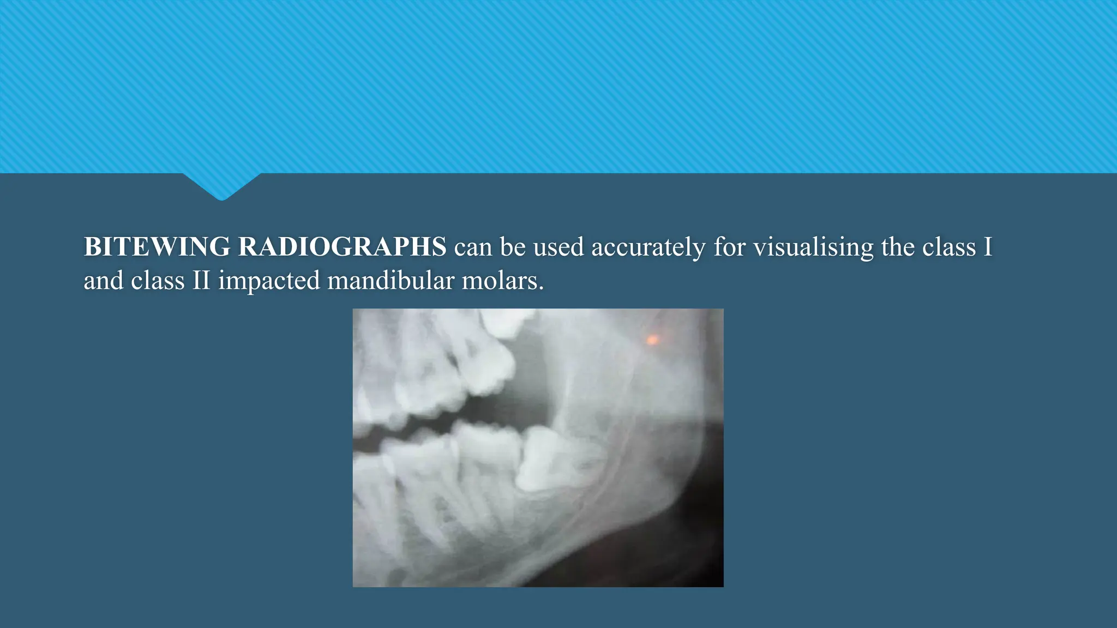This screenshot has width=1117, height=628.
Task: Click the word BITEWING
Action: [157, 247]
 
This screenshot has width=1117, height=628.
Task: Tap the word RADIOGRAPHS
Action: [343, 247]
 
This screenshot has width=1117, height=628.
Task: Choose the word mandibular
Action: [391, 281]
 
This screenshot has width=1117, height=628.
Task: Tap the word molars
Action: [502, 281]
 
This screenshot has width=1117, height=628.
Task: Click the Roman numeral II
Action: [201, 281]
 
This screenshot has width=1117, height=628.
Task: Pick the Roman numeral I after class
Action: [987, 247]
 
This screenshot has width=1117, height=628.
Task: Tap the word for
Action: [730, 247]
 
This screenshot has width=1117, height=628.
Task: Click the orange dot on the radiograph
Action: [652, 340]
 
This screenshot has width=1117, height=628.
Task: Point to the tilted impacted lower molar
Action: [551, 458]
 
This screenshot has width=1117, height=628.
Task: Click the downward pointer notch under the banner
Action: [222, 188]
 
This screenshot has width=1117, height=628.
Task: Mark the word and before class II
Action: [103, 281]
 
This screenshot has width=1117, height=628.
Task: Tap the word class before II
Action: [158, 281]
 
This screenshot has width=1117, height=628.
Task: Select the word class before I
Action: [949, 247]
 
